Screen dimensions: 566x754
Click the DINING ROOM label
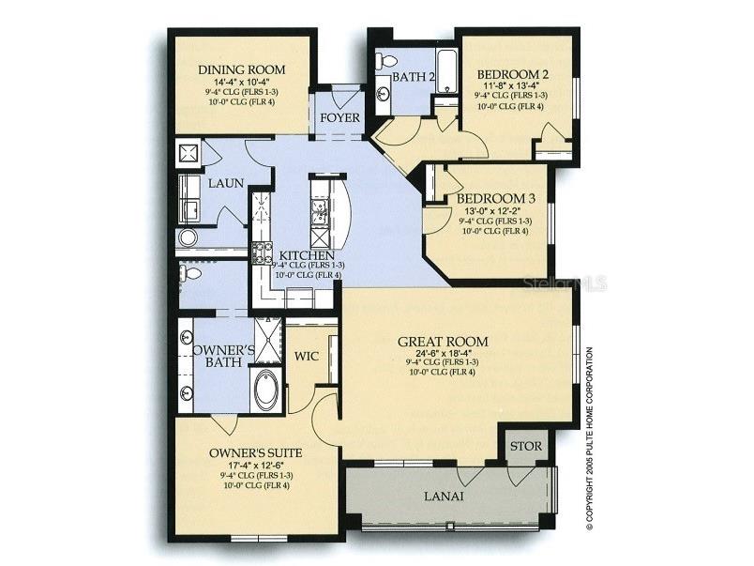pos(241,69)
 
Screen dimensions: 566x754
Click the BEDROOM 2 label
pos(512,74)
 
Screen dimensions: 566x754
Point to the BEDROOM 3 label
pos(496,199)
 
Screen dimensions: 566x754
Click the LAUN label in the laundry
pos(227,183)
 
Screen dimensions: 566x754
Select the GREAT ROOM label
pos(443,342)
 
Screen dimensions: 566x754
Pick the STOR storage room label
pos(525,446)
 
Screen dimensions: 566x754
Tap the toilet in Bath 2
pos(381,62)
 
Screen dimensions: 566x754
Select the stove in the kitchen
pos(261,252)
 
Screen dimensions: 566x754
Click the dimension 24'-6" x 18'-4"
pos(443,355)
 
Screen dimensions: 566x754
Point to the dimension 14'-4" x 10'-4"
pos(241,84)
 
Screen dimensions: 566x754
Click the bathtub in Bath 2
pos(447,70)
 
